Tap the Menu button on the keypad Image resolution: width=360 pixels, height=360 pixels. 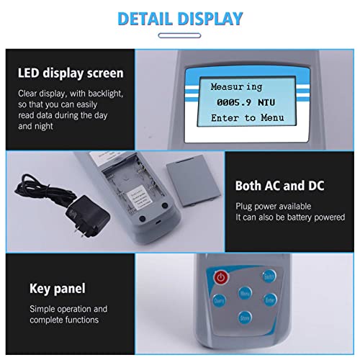[246, 294]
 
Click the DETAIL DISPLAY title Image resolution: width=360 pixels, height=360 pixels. [180, 18]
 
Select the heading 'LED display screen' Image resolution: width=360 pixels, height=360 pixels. [71, 73]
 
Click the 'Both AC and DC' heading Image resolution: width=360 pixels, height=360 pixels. [279, 186]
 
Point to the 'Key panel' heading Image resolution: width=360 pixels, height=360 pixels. [58, 289]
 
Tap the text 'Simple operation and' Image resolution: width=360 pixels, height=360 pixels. [68, 309]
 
